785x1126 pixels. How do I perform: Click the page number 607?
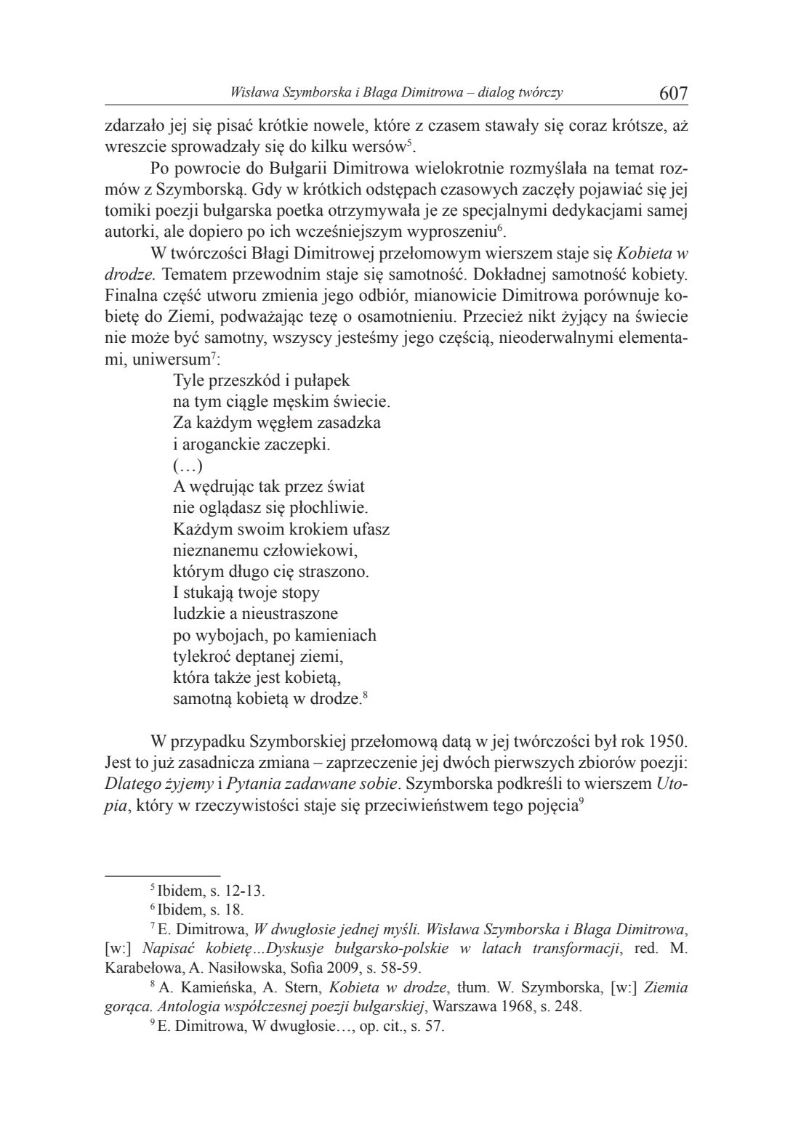[x=673, y=93]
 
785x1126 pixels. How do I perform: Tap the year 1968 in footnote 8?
[x=529, y=1007]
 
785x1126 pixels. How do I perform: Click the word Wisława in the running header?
[x=250, y=93]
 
